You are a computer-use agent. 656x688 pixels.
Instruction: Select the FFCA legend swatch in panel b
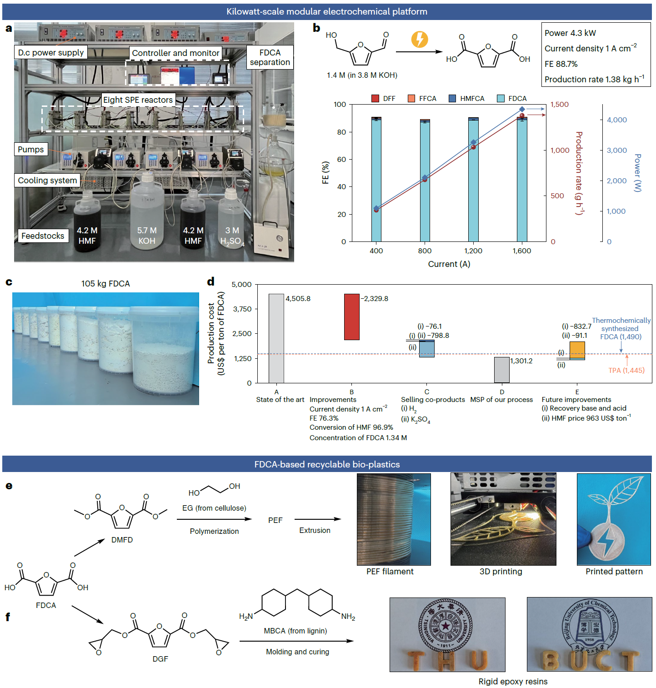click(411, 99)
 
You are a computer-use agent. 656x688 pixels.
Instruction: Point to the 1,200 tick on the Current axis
click(473, 251)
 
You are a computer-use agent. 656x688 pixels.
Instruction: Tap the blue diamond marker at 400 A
click(376, 208)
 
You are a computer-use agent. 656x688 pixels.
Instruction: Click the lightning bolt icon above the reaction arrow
click(420, 40)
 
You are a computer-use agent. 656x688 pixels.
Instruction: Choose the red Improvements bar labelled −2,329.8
click(351, 317)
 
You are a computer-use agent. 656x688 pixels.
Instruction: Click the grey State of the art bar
click(276, 338)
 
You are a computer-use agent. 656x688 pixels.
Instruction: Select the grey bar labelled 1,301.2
click(502, 370)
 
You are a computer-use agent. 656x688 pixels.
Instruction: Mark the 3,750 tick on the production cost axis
click(242, 309)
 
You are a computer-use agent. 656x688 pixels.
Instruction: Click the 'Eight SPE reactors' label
click(138, 100)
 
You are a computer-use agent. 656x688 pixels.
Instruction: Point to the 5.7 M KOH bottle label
click(147, 236)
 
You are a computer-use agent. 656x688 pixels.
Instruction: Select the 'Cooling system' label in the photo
click(47, 181)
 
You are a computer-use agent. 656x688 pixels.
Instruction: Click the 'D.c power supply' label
click(51, 53)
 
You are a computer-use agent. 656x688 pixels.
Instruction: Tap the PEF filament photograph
click(394, 519)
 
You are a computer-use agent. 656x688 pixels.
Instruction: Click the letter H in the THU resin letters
click(446, 660)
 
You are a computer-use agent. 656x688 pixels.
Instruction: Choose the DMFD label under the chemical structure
click(122, 540)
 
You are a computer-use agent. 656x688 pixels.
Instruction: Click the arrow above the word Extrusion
click(317, 519)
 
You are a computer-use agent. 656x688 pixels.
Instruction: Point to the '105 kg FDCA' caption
click(105, 284)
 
